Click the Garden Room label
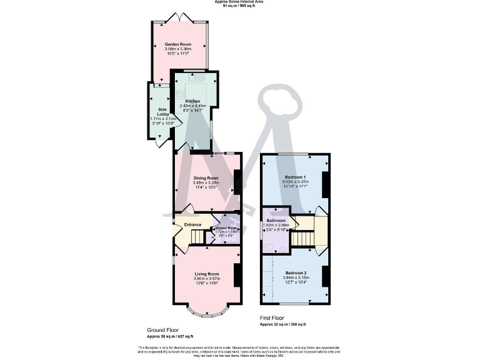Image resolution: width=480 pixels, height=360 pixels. [177, 45]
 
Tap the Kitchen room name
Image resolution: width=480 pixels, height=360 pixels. [192, 101]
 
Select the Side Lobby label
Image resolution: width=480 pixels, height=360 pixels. [161, 111]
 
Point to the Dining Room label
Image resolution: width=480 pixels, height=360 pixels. [206, 177]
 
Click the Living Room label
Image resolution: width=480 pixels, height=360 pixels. [206, 274]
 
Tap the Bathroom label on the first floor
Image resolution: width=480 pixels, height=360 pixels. [276, 221]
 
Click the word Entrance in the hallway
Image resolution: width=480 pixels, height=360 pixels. [192, 224]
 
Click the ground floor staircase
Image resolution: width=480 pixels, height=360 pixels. [198, 237]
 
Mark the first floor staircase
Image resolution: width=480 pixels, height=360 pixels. [302, 239]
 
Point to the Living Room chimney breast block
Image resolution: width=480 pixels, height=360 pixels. [237, 274]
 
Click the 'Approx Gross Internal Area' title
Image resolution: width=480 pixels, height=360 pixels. [239, 2]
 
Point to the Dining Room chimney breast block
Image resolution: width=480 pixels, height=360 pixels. [237, 182]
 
